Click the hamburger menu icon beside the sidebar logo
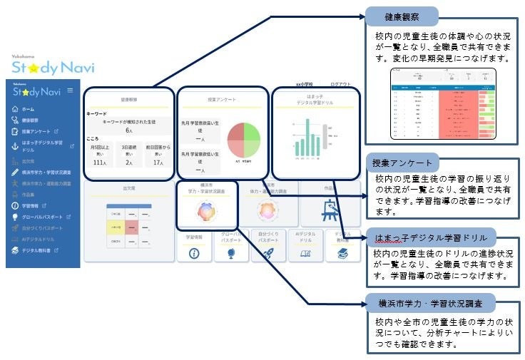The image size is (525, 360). click(70, 91)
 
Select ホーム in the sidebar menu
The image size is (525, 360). click(27, 109)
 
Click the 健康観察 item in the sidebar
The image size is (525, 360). click(30, 120)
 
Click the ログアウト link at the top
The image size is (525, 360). click(340, 85)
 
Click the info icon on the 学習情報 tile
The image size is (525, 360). click(194, 252)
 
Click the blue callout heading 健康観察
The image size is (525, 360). click(401, 16)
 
